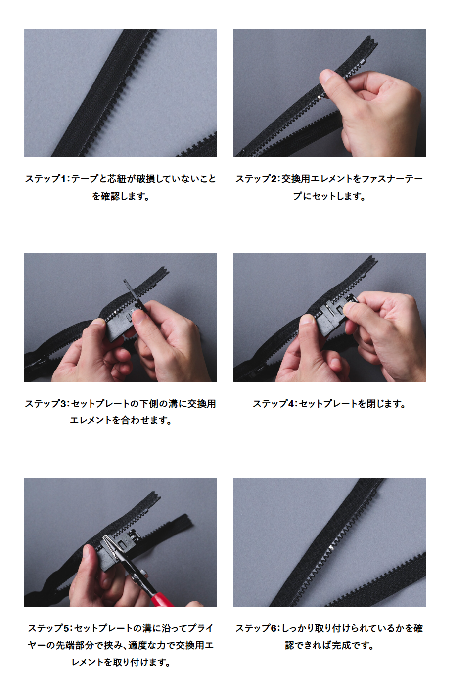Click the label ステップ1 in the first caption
tap(46, 179)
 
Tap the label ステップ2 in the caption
tap(256, 179)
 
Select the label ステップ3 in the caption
tap(46, 404)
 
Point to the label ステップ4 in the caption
tap(274, 404)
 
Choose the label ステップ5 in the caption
tap(49, 628)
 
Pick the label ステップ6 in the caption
tap(256, 628)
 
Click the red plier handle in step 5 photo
tap(162, 599)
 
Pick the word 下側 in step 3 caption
tap(149, 404)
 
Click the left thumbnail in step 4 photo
tap(307, 320)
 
